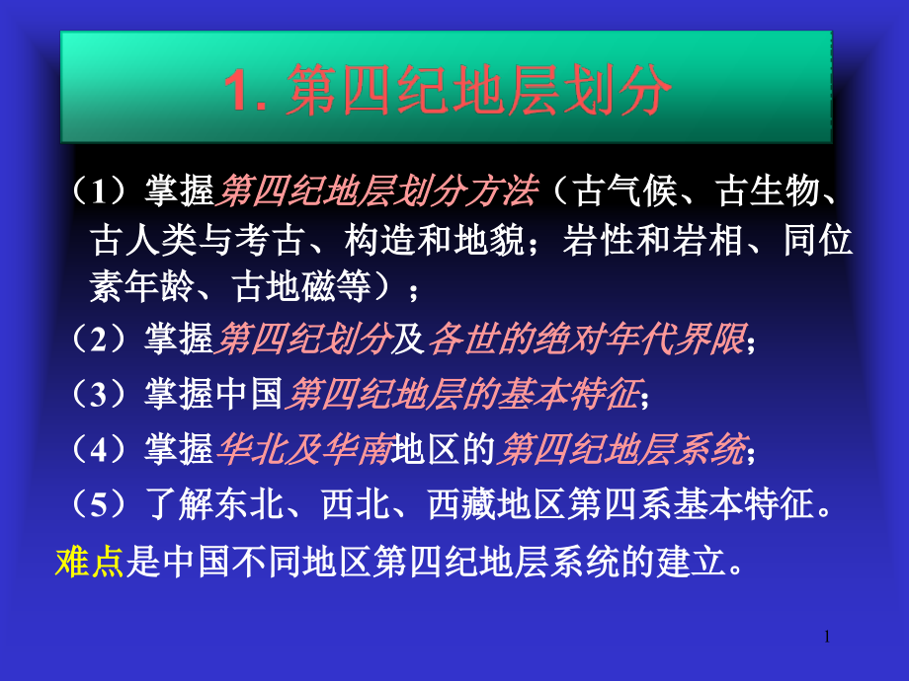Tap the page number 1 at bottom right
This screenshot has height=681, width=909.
(x=826, y=639)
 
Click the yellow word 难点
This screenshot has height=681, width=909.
(x=89, y=562)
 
